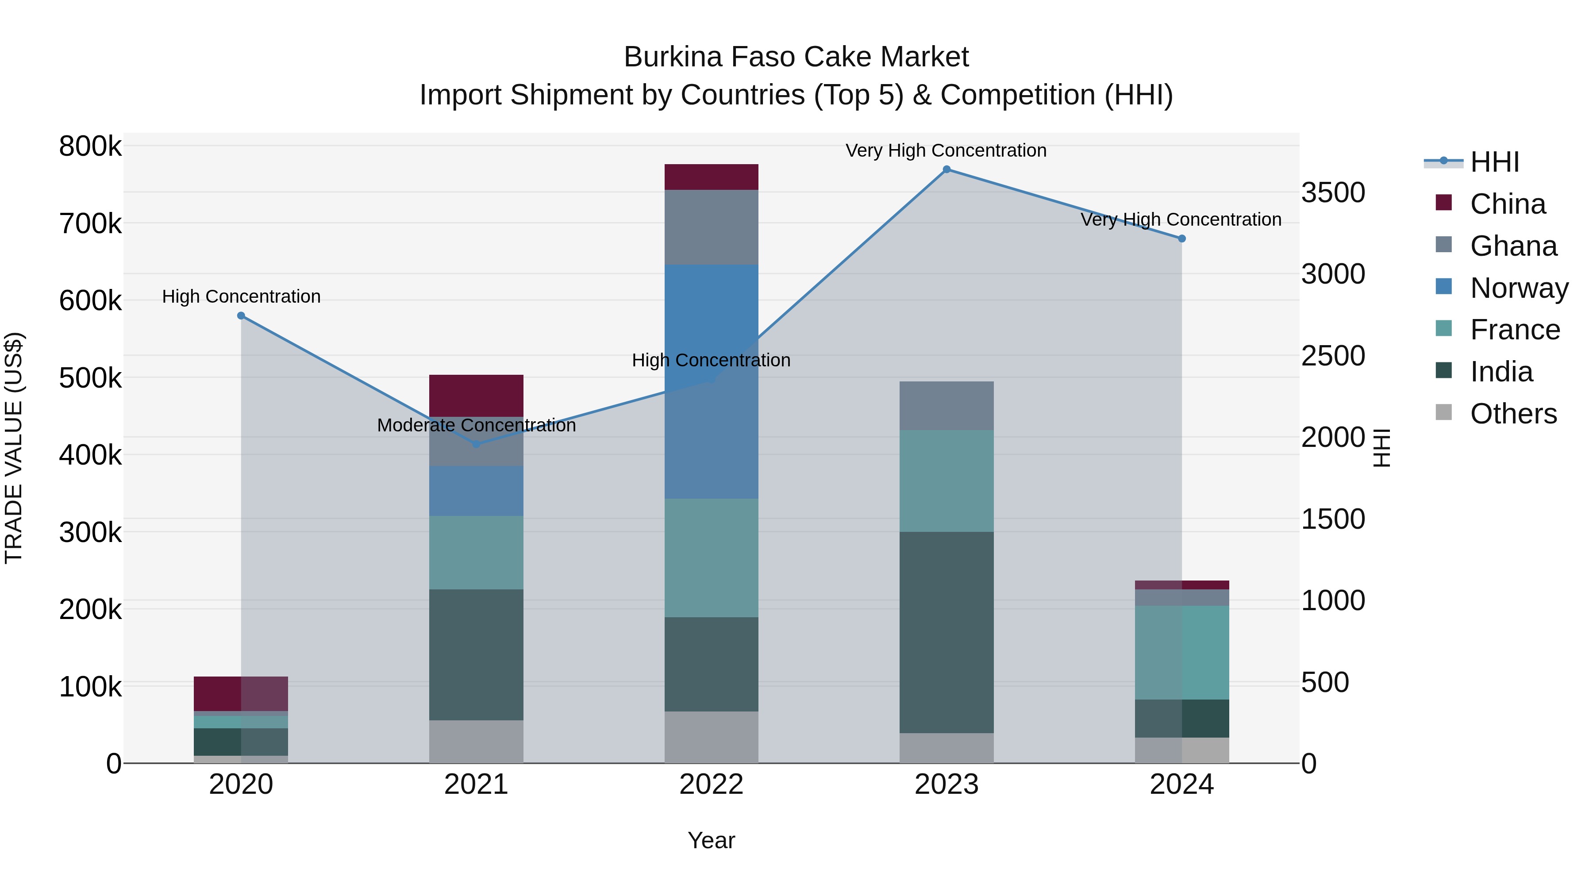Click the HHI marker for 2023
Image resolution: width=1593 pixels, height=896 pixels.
click(x=946, y=169)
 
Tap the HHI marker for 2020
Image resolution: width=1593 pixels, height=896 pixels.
click(x=241, y=316)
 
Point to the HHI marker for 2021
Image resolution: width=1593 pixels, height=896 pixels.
click(x=476, y=444)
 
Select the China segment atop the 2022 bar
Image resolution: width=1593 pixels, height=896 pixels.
click(x=711, y=177)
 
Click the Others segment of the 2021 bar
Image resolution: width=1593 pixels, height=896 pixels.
click(x=476, y=742)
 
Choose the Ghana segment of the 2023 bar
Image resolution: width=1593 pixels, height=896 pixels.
click(x=946, y=406)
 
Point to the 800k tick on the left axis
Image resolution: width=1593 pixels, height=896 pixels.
click(x=90, y=147)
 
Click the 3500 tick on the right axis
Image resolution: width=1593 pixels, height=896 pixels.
click(x=1333, y=193)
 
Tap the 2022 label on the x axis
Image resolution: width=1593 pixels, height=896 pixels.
click(x=711, y=784)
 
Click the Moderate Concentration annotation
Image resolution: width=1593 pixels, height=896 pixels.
click(x=476, y=425)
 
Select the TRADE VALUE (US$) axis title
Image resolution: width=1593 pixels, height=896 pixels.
click(x=14, y=448)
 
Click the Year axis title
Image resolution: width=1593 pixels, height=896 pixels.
click(x=711, y=840)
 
